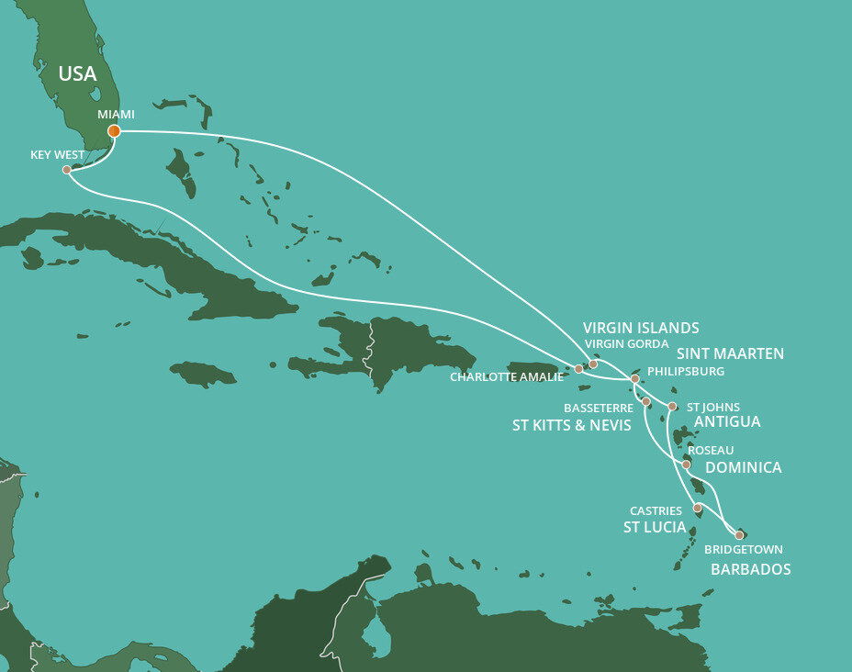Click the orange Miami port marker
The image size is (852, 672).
[114, 131]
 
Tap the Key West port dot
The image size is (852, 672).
[67, 170]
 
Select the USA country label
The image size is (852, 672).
[77, 73]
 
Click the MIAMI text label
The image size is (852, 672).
[116, 114]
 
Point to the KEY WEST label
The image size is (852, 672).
[57, 155]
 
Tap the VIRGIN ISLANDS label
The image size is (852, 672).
[641, 328]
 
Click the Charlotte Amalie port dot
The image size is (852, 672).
[578, 369]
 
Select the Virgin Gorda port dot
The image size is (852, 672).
[593, 364]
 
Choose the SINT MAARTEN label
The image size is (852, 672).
[730, 353]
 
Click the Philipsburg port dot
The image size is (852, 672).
[635, 378]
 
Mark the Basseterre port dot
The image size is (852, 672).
[646, 402]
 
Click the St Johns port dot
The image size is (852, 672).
[672, 406]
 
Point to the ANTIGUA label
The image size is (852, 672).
[727, 422]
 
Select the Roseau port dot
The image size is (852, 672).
[686, 465]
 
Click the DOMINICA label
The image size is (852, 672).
[744, 468]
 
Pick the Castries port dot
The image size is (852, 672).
[698, 508]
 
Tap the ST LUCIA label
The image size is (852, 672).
[655, 527]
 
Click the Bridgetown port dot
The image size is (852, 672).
[739, 534]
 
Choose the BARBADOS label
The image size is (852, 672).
[750, 569]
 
